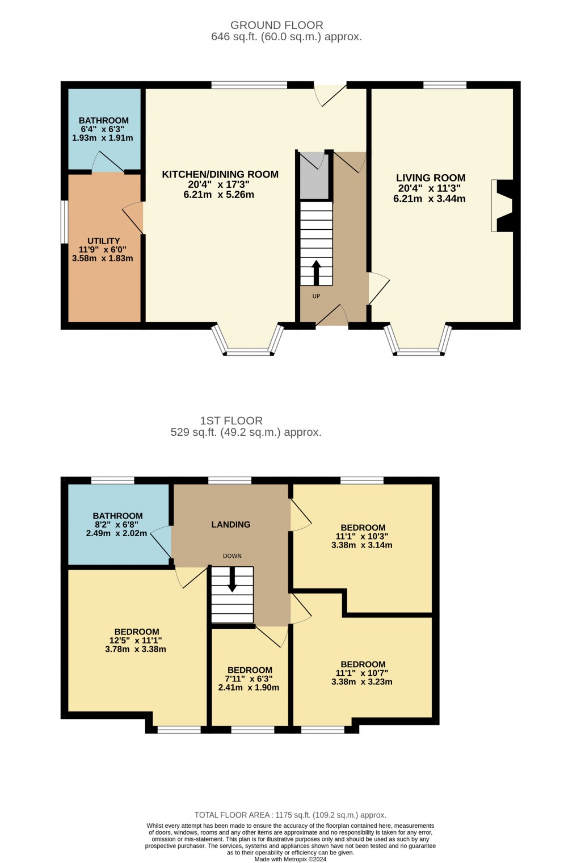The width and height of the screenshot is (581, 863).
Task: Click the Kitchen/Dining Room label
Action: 220,174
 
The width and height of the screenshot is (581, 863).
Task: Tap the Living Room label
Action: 431,178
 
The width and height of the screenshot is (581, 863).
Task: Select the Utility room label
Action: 103,241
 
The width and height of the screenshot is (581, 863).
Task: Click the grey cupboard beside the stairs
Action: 314,176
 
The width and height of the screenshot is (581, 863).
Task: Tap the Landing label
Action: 230,524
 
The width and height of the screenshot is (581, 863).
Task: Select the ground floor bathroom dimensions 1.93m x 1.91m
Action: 103,138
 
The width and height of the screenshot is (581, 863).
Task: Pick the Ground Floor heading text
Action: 277,25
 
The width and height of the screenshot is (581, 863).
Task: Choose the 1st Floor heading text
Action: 231,420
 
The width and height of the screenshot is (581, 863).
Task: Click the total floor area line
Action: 290,815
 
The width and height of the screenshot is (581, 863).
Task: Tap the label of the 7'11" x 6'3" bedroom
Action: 250,670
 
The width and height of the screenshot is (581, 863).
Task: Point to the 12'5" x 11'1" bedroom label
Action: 137,632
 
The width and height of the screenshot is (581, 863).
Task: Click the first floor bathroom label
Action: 118,516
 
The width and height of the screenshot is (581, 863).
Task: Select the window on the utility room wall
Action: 65,222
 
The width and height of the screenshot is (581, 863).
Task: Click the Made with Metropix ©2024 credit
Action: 290,859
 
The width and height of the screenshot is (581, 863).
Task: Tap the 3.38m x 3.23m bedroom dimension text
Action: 362,682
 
